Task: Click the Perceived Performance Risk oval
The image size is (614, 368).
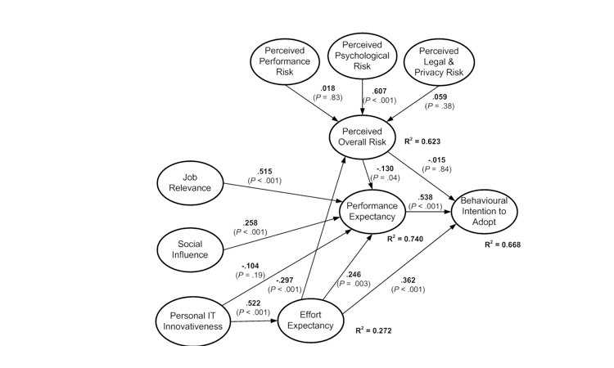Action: (x=285, y=61)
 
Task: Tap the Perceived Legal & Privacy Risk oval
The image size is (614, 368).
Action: (x=440, y=61)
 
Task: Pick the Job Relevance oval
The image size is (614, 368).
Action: (x=190, y=182)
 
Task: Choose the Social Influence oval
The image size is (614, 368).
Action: (x=190, y=249)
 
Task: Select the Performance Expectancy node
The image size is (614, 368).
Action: (x=372, y=211)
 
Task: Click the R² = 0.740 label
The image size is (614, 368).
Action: (x=406, y=238)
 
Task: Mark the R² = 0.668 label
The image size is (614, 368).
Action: (x=502, y=244)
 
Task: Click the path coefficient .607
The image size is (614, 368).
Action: (x=379, y=91)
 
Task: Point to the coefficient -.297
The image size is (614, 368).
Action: (x=284, y=280)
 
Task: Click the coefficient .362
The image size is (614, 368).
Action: (x=409, y=280)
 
